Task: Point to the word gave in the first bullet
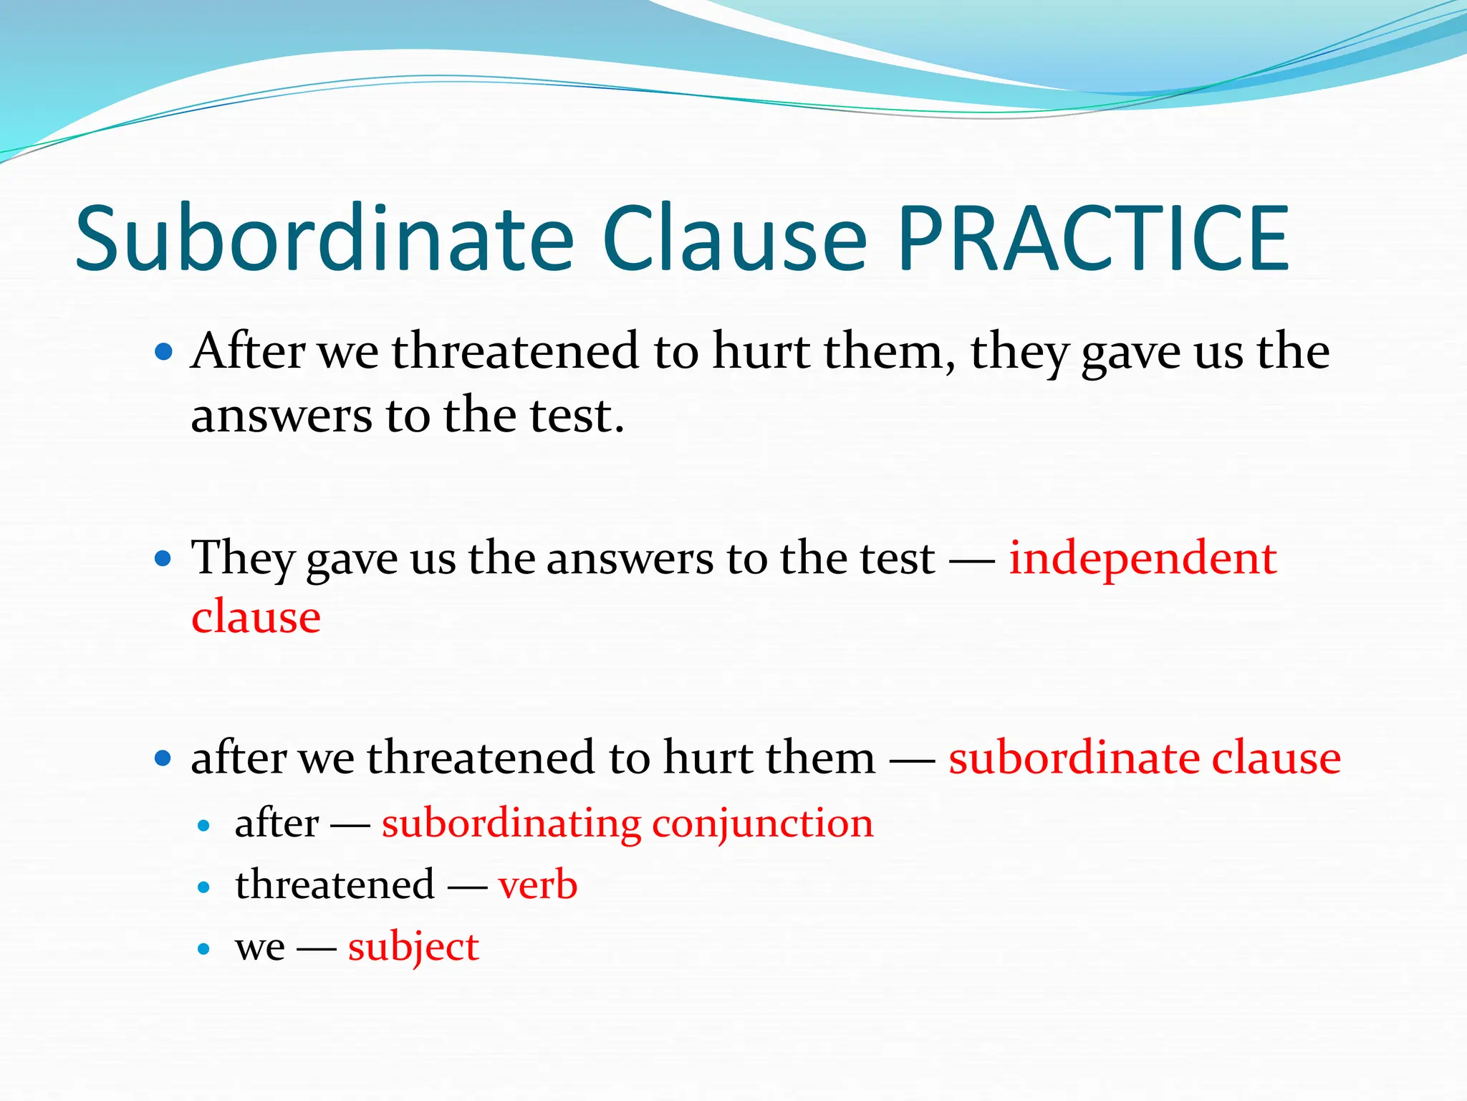click(x=1130, y=353)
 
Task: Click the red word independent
click(x=1143, y=558)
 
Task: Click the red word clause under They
click(x=256, y=617)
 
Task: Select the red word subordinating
click(x=511, y=824)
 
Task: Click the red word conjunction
click(x=763, y=824)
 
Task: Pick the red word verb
click(x=538, y=885)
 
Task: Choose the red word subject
click(x=413, y=948)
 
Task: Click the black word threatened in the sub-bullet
click(x=335, y=885)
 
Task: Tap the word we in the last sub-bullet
click(x=260, y=948)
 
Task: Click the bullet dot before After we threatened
click(x=164, y=352)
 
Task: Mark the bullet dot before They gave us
click(x=164, y=558)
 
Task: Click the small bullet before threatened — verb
click(x=204, y=887)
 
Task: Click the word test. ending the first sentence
click(x=577, y=416)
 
